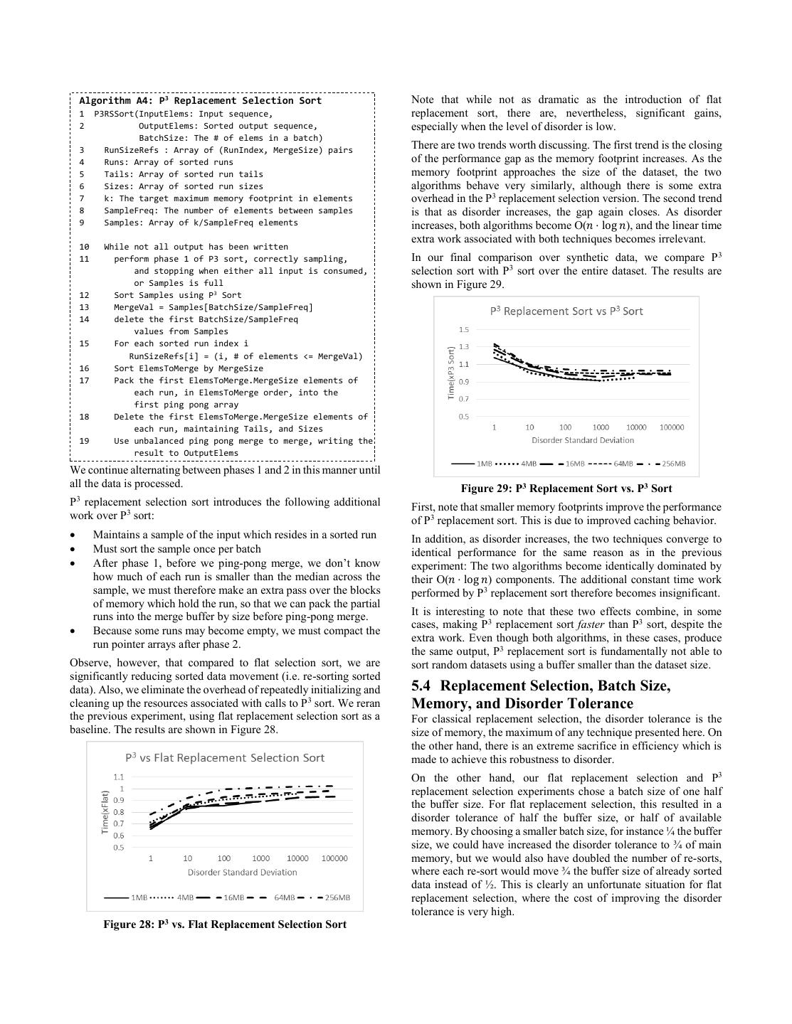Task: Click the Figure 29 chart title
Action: point(566,311)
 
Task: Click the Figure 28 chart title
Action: point(225,758)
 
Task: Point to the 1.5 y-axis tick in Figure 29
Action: point(464,330)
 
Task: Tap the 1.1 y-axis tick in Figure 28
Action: point(118,777)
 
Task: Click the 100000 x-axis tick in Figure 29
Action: point(672,427)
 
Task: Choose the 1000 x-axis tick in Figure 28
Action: point(261,858)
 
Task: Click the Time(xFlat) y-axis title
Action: point(105,812)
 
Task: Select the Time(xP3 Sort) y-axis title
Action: point(451,373)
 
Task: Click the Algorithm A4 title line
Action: point(201,101)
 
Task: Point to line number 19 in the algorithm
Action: point(84,441)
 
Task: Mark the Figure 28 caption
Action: point(225,924)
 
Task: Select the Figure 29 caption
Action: point(566,489)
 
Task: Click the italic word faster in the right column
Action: point(591,625)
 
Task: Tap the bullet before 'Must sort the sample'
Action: point(74,550)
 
